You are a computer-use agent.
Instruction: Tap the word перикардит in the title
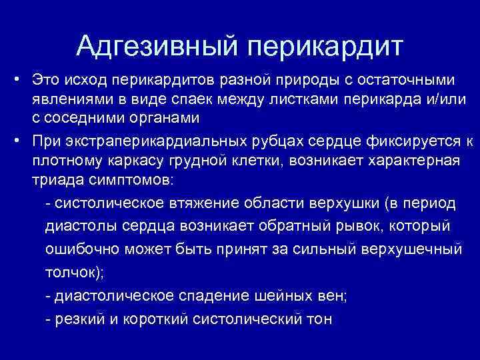(327, 46)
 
